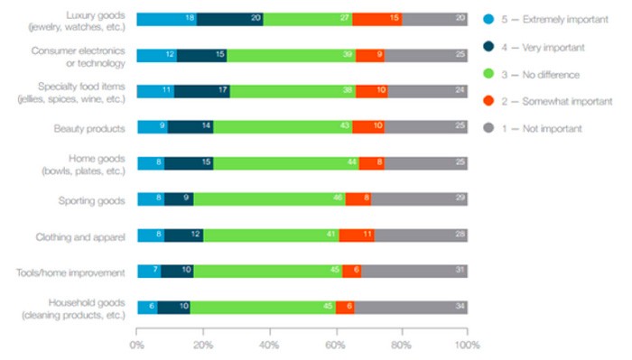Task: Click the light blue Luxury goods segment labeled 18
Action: [x=166, y=19]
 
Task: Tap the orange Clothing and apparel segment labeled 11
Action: [x=357, y=235]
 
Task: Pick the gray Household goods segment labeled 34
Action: [x=411, y=307]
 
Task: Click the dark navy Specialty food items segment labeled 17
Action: [x=201, y=91]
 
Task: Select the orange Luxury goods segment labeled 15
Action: [x=376, y=19]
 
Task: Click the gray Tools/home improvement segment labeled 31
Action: [x=414, y=271]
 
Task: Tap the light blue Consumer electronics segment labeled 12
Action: [x=156, y=55]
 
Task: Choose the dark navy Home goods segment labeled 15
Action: [x=189, y=163]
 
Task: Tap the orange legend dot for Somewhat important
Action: [x=488, y=101]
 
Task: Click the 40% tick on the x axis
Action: [x=269, y=344]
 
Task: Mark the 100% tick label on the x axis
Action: [x=467, y=344]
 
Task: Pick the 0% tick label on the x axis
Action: [x=137, y=344]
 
